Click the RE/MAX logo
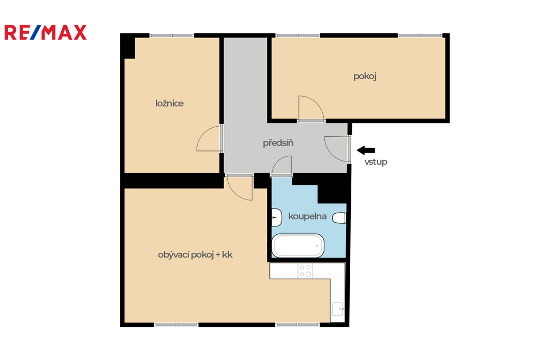tap(45, 32)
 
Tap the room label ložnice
tap(170, 103)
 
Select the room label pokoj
tap(365, 76)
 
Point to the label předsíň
tap(278, 143)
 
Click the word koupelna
tap(307, 216)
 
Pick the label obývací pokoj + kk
tap(195, 255)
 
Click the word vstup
tap(376, 162)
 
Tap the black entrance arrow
tap(366, 150)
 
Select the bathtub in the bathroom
tap(298, 246)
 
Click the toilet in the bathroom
tap(339, 218)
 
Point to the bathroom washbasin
tap(276, 217)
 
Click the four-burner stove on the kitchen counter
tap(305, 271)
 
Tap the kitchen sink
tap(338, 309)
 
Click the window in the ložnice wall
tap(172, 35)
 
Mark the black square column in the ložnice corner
tap(128, 46)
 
